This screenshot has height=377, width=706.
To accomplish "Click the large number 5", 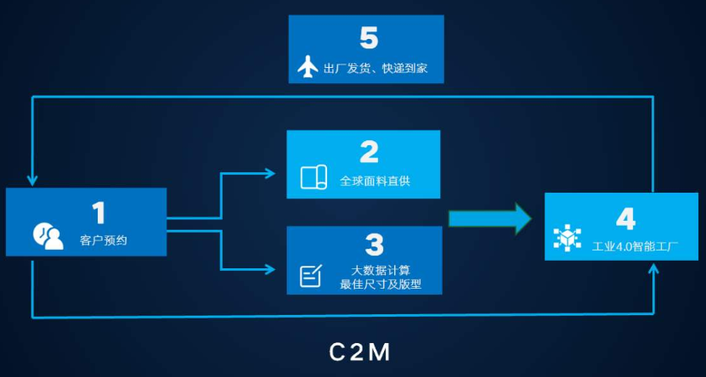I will [368, 37].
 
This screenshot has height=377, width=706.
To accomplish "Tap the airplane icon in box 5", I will [308, 68].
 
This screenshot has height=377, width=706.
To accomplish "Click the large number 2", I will [368, 152].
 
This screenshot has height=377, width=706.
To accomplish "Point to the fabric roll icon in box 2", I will [313, 177].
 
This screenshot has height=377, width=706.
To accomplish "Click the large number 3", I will [374, 244].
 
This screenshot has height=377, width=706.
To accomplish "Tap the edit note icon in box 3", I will [312, 275].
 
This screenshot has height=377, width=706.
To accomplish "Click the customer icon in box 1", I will [48, 236].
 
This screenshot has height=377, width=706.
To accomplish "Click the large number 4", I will [624, 218].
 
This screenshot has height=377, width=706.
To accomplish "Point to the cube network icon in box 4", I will [568, 239].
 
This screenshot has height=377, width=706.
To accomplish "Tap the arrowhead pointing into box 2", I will [271, 173].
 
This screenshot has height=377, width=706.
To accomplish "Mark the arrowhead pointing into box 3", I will [271, 270].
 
